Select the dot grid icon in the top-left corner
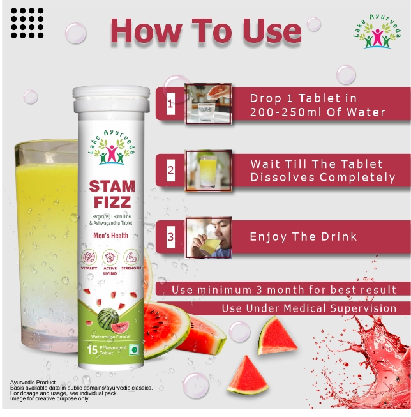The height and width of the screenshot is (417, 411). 27,22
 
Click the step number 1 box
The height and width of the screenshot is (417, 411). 170,103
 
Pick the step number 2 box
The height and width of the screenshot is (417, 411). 170,171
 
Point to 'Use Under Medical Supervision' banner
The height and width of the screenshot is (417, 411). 309,308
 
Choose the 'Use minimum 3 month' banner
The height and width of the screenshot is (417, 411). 283,290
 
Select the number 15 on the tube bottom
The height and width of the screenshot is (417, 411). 92,349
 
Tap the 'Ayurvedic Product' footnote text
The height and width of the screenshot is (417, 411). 33,382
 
